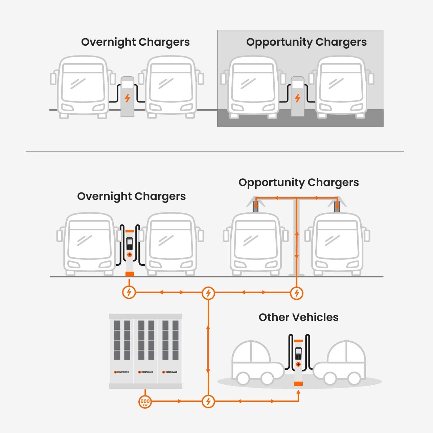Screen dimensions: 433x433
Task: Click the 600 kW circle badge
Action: click(x=145, y=402)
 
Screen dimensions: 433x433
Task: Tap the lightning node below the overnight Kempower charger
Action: click(x=129, y=292)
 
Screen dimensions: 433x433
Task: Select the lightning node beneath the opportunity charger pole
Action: click(x=297, y=293)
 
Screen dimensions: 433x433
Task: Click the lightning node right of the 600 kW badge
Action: click(x=208, y=402)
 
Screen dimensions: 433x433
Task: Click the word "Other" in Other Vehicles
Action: click(x=274, y=317)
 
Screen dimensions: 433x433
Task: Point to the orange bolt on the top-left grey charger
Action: click(x=128, y=98)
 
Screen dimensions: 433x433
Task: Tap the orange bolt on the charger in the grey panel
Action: click(x=298, y=98)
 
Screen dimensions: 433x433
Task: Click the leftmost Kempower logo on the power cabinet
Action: click(x=122, y=372)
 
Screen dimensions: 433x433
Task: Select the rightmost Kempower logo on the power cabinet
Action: click(x=170, y=372)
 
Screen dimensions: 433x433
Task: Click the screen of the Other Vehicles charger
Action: click(x=298, y=354)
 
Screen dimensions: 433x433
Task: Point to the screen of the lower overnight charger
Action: click(x=129, y=244)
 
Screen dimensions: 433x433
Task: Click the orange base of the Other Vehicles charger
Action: click(x=298, y=384)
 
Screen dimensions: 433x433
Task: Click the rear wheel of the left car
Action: click(x=243, y=378)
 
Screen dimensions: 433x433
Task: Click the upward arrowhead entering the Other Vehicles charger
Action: click(x=298, y=392)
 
